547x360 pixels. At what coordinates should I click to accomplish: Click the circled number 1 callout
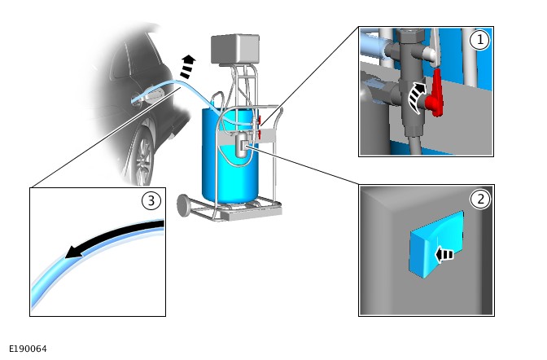pos(479,40)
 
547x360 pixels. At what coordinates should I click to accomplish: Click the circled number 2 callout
pos(480,200)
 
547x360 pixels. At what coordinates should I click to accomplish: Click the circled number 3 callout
pos(151,201)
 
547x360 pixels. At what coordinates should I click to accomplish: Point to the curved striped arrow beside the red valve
pos(417,98)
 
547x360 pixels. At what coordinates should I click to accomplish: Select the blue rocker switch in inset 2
pos(436,244)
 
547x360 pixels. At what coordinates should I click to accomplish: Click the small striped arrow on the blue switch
pos(444,255)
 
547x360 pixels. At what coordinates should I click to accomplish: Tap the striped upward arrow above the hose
pos(187,66)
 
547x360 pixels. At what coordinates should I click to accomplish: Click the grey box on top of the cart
pos(235,49)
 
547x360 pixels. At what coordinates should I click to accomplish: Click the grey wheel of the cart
pos(185,205)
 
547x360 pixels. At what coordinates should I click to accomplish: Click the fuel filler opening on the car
pos(153,94)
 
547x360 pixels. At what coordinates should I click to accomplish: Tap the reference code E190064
pos(28,349)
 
